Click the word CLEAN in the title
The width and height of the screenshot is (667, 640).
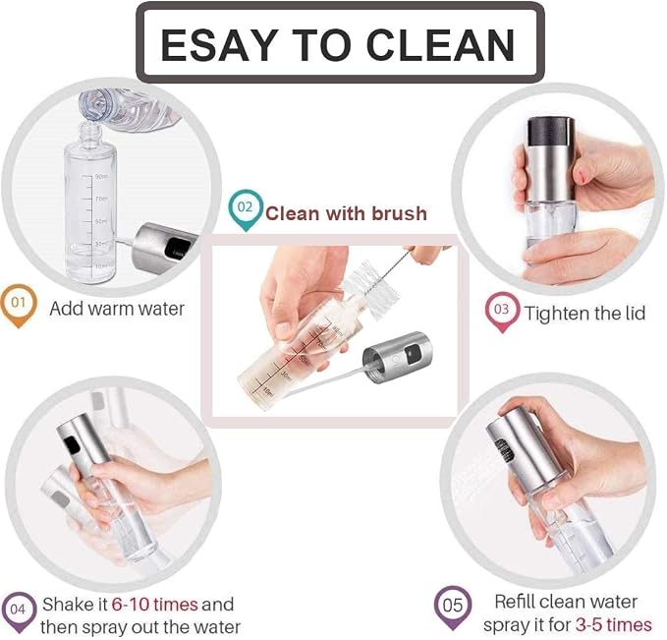coord(440,44)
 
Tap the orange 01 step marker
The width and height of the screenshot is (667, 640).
coord(19,305)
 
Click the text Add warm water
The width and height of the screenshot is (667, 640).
coord(117,309)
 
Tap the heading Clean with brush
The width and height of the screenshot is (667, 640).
coord(346,213)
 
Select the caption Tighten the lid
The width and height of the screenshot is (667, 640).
coord(584,314)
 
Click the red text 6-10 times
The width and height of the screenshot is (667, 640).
coord(155,605)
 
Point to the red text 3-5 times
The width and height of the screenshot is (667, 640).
coord(614,625)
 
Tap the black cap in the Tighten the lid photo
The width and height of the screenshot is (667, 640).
coord(551,133)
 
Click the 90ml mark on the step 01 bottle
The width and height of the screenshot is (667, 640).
coord(101,176)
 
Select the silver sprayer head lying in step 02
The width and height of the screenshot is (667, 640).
coord(397,357)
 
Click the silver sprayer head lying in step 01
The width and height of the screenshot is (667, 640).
coord(165,248)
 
